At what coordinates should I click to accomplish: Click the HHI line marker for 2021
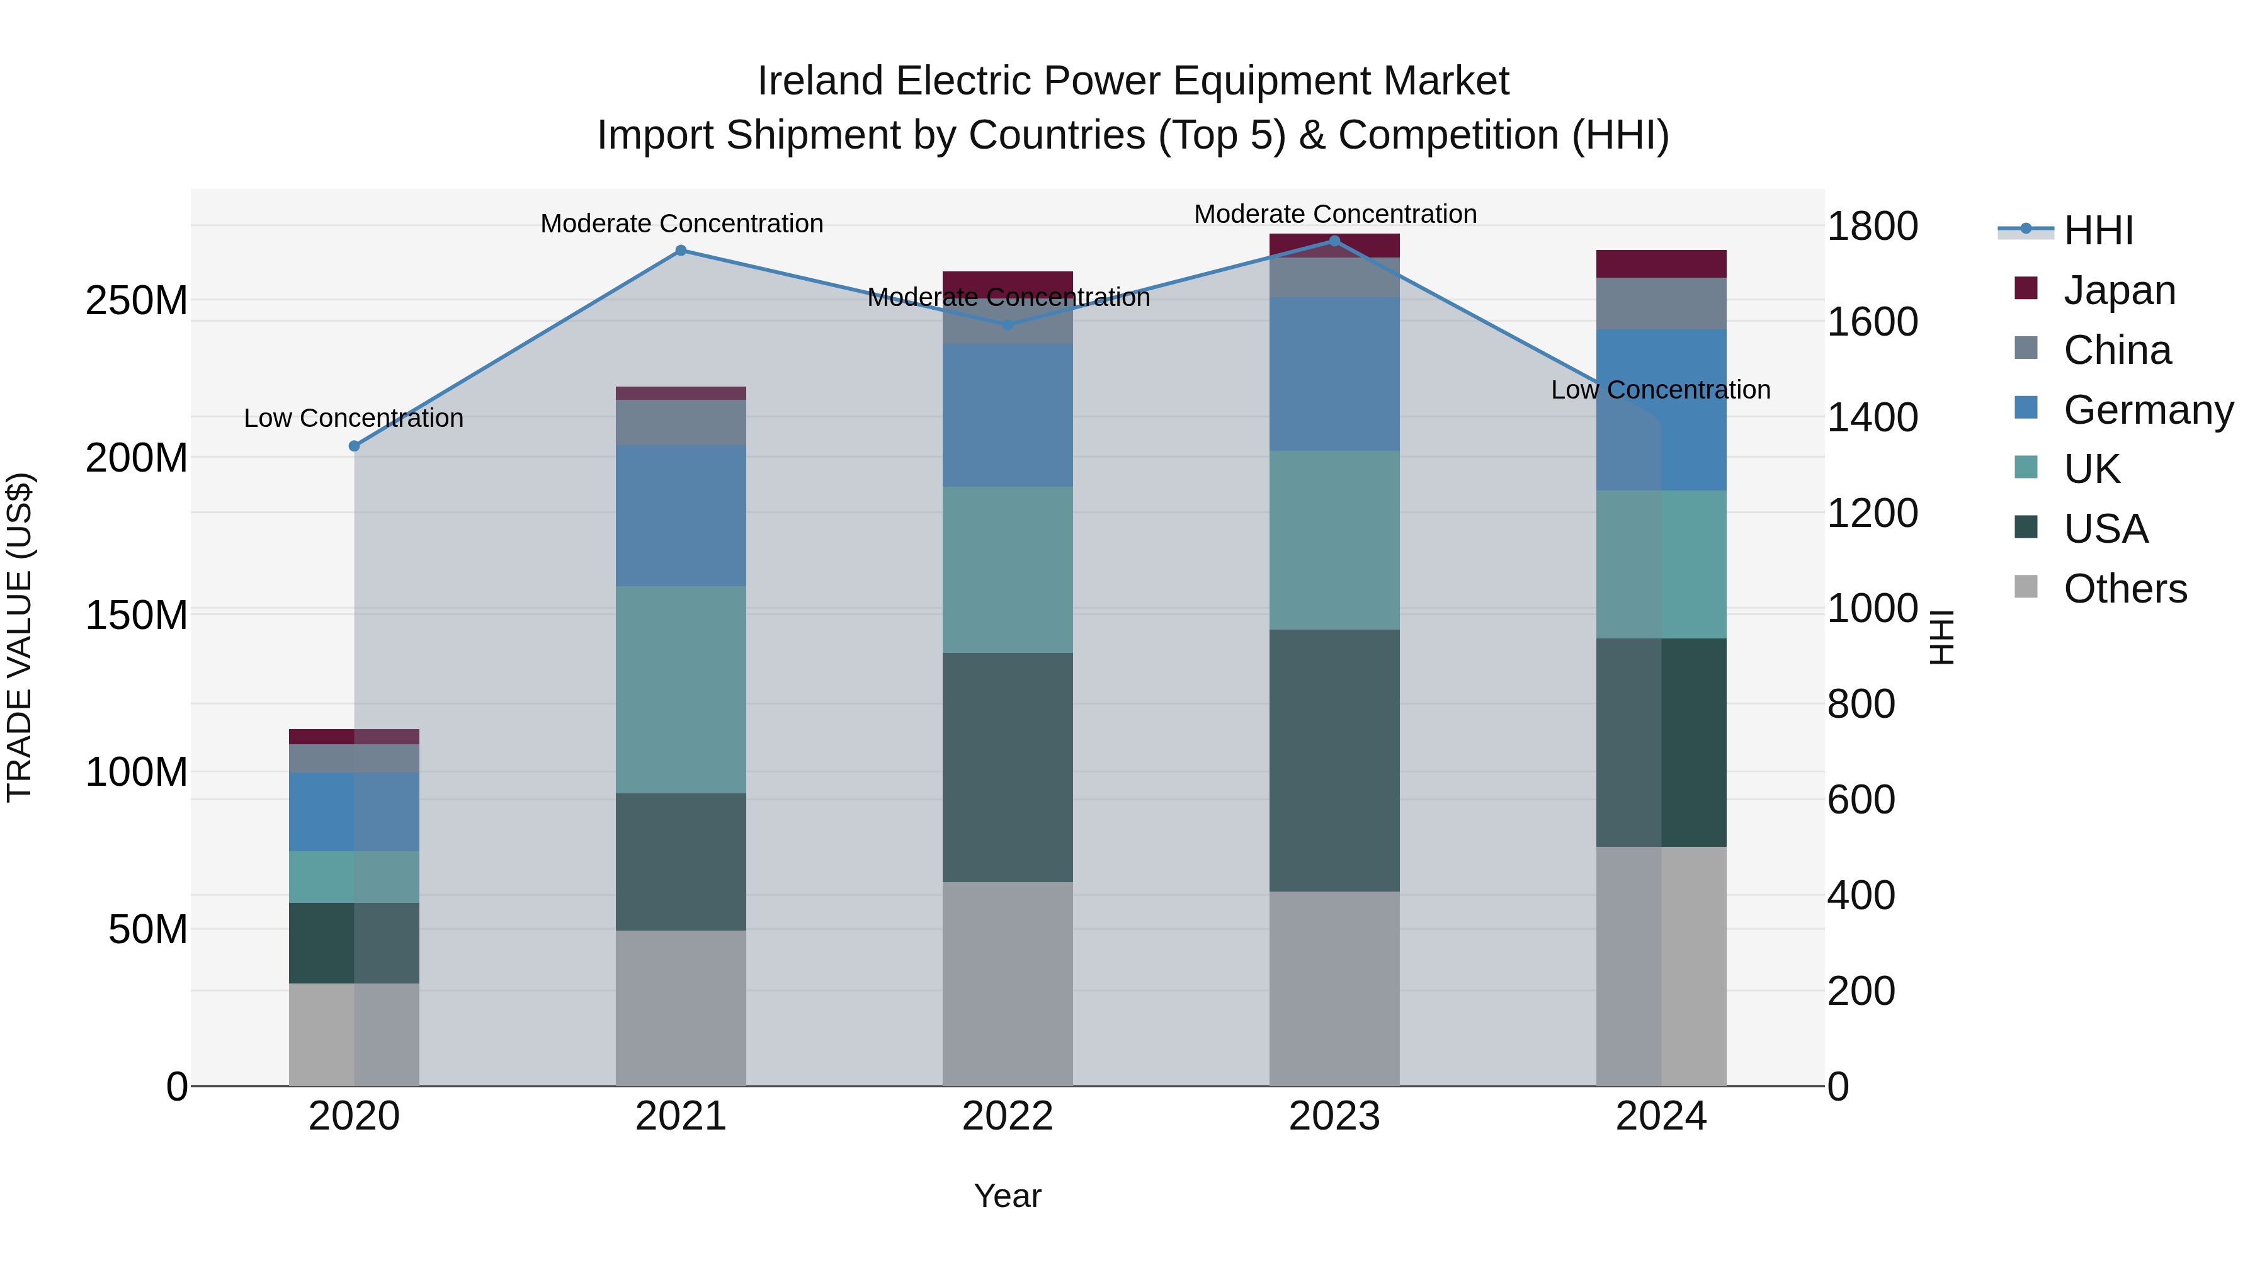click(680, 251)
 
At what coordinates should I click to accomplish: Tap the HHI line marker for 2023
click(1334, 241)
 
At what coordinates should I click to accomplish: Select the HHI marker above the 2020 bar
click(355, 446)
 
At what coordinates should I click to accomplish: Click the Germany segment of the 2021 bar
click(680, 516)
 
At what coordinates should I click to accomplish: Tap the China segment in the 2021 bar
click(680, 422)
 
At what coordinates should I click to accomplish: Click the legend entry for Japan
click(2118, 290)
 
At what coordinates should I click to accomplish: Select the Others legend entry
click(2125, 589)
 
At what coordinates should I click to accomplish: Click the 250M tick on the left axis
click(137, 301)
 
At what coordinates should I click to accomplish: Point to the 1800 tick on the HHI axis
click(1872, 226)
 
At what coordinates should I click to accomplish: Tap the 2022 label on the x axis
click(1008, 1116)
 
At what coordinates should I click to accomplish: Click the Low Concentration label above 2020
click(354, 418)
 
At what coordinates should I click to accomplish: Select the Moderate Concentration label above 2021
click(682, 224)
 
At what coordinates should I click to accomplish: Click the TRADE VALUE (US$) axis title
click(20, 637)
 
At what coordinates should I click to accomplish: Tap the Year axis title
click(1008, 1196)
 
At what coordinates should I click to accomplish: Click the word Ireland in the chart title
click(820, 81)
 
